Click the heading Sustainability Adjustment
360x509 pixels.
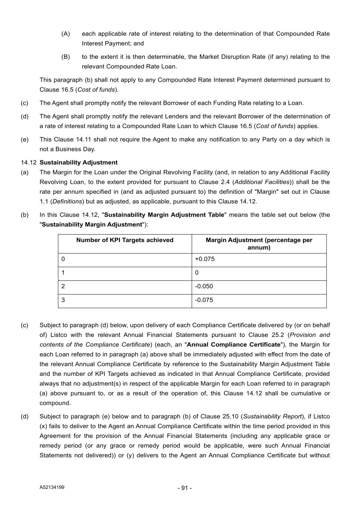click(x=78, y=163)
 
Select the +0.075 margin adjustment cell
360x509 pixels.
click(x=205, y=259)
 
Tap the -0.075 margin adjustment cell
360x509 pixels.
click(x=204, y=300)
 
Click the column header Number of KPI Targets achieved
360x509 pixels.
click(x=125, y=240)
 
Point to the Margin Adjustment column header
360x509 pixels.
click(x=259, y=243)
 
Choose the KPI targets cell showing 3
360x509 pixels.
click(x=63, y=300)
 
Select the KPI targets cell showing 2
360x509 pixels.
click(x=63, y=286)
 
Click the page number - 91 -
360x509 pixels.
click(x=185, y=488)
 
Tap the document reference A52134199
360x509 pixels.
click(x=52, y=487)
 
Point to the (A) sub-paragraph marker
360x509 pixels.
click(x=66, y=34)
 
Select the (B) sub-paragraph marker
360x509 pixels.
click(x=66, y=57)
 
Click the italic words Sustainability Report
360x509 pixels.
click(x=272, y=417)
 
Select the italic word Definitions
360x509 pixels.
click(x=67, y=201)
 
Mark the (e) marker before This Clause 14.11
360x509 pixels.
click(x=24, y=139)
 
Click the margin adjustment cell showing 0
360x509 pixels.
click(x=197, y=273)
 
